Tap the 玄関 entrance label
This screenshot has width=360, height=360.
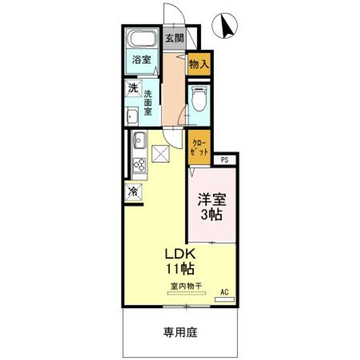(x=175, y=38)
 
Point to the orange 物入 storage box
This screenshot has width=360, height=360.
(x=199, y=64)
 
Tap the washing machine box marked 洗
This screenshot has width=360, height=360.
(x=132, y=88)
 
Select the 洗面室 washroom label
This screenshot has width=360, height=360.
(x=148, y=102)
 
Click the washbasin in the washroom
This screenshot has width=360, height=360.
(x=132, y=117)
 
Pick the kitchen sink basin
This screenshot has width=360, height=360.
(x=139, y=139)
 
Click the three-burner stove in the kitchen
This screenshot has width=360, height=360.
(x=139, y=164)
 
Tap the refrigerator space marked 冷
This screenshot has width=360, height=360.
(x=133, y=190)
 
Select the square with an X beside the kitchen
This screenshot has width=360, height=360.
(x=161, y=154)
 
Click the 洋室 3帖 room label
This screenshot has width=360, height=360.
(x=212, y=207)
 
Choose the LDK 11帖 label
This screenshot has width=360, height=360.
(x=180, y=260)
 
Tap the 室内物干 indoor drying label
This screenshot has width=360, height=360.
(x=184, y=285)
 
